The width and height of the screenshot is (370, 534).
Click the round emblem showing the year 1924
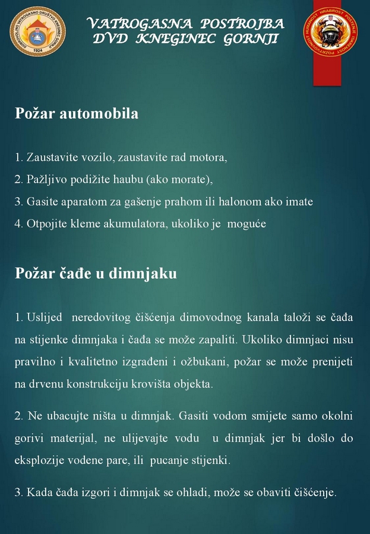[37, 31]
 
